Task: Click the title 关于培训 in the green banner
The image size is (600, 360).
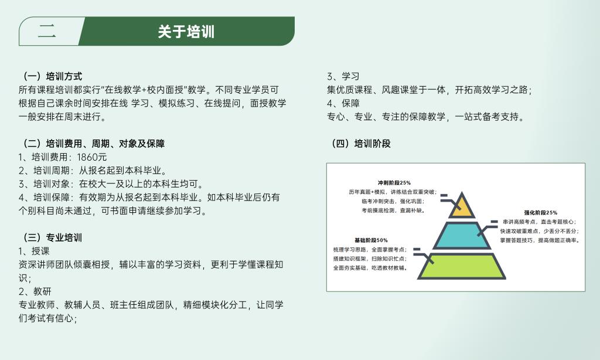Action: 186,32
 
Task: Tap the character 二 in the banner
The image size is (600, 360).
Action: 47,31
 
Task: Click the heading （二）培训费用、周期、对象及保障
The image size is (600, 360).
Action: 91,144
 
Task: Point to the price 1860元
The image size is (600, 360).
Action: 92,157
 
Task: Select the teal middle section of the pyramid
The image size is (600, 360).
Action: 462,235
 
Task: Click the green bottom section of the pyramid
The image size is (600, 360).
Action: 462,266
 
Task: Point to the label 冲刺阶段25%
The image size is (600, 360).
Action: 394,183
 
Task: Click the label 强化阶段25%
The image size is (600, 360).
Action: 541,213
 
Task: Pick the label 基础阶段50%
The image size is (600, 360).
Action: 371,240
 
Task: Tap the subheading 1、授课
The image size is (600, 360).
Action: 34,251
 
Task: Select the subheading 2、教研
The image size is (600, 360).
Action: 35,291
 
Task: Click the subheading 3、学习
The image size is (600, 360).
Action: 343,76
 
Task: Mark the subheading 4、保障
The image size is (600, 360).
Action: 343,103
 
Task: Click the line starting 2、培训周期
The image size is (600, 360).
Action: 93,171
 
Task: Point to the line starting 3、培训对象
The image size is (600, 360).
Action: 111,184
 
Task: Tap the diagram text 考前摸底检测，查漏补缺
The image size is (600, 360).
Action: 393,210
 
